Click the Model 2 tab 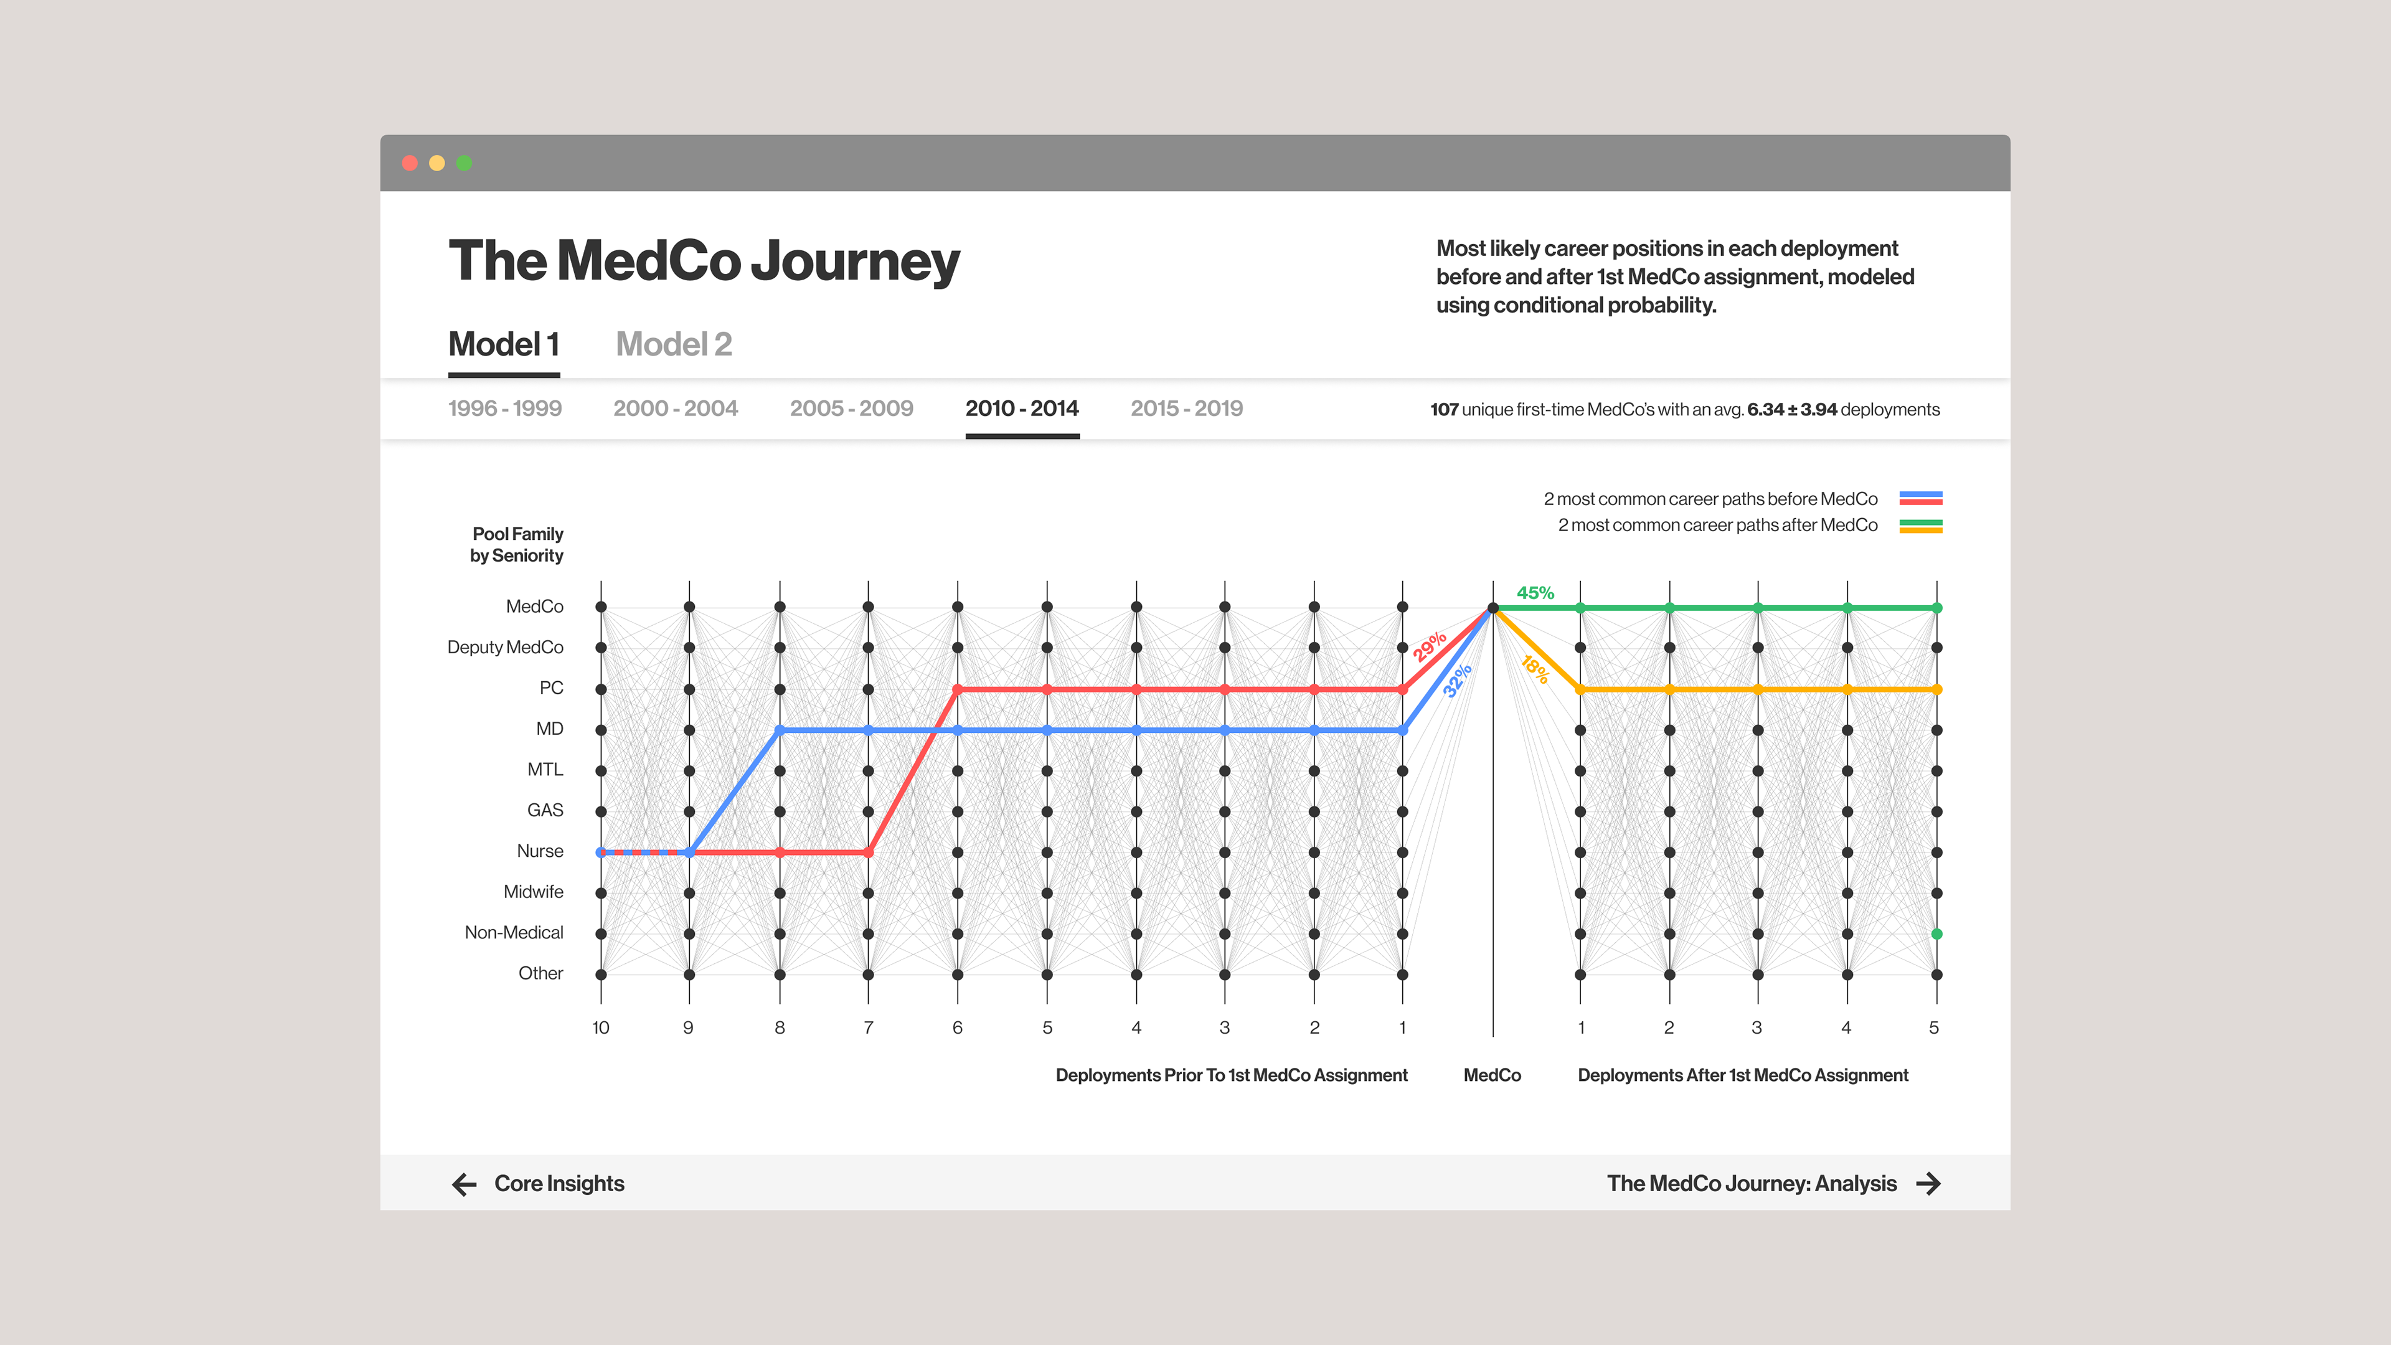674,344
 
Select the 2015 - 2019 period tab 1186,408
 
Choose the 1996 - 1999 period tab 505,408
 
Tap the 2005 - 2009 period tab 851,408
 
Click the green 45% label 1535,592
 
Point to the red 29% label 1430,646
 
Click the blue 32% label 1457,681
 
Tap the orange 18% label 1535,669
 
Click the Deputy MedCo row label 505,647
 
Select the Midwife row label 533,892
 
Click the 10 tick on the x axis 600,1027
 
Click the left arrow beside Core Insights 464,1184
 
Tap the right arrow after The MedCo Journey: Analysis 1929,1184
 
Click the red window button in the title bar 409,163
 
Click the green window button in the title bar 464,163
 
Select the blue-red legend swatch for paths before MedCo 1920,498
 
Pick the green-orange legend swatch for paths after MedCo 1920,526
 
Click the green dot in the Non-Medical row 1936,934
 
